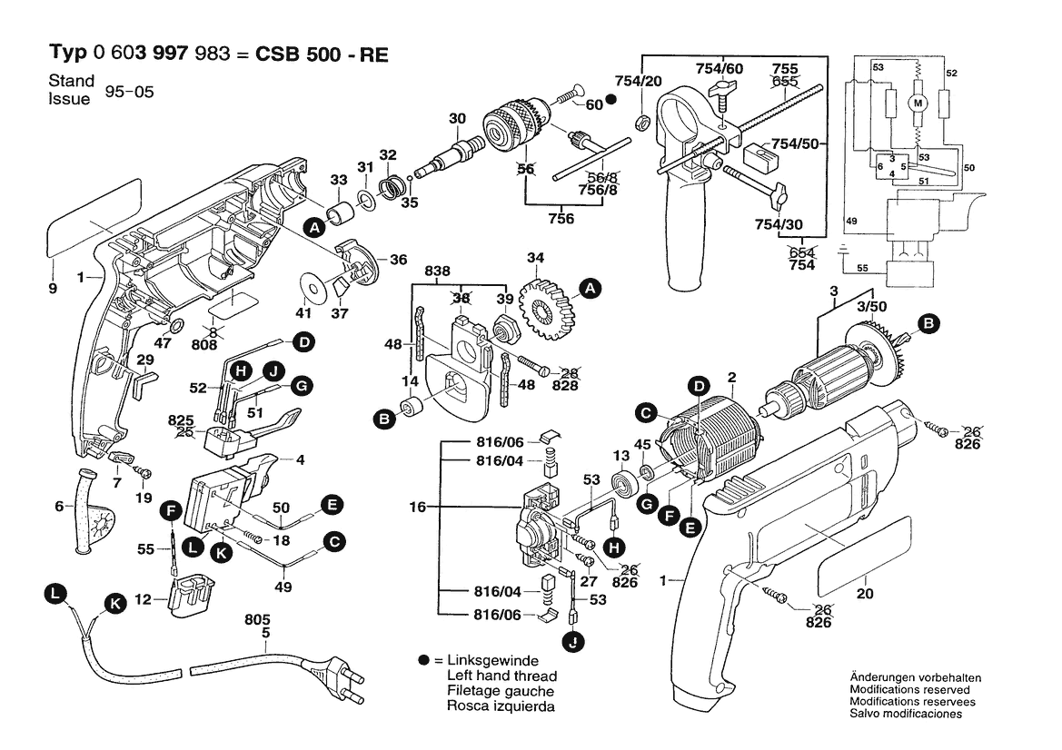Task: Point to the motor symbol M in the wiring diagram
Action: click(x=917, y=103)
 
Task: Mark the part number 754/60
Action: click(x=720, y=68)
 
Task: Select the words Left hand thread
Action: click(x=501, y=676)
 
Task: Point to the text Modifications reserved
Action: click(x=912, y=690)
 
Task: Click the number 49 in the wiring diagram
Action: click(x=852, y=221)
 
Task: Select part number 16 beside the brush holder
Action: click(x=417, y=507)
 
